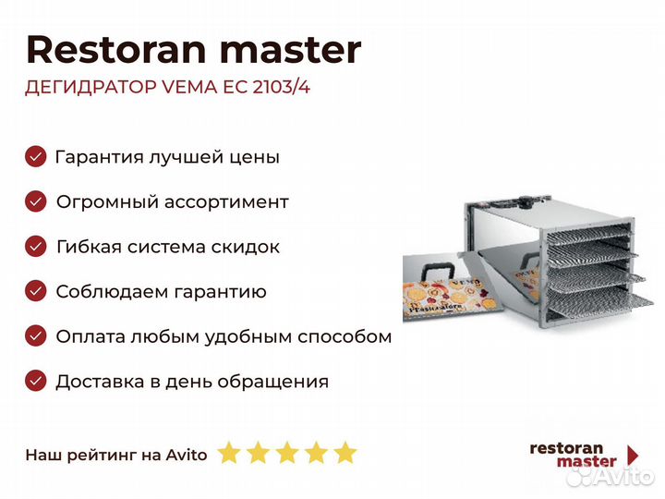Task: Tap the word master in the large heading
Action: coord(291,51)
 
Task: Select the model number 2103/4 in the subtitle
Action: coord(281,87)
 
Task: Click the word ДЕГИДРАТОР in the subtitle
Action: coord(91,88)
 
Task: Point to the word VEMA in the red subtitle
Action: coord(189,87)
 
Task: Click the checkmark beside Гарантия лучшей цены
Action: coord(36,156)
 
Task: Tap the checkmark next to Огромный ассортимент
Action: coord(36,201)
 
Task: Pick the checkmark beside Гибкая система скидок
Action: coord(36,247)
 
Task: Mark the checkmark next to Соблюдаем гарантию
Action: coord(36,291)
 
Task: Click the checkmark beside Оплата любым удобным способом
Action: coord(36,336)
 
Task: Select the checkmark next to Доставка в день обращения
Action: coord(36,381)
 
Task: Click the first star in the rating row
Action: coord(229,452)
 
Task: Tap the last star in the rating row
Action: coord(345,452)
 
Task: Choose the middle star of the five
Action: coord(287,452)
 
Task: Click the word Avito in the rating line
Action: coord(187,455)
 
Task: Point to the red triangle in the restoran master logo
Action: coord(633,456)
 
